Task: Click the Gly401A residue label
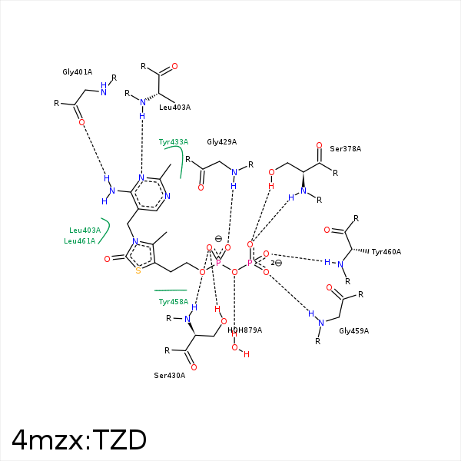point(78,72)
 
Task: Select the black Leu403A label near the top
point(174,108)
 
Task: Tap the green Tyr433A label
point(174,142)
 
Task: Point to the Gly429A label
point(222,142)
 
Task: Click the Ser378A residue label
point(345,149)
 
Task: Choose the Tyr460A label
point(386,252)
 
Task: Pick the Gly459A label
point(353,330)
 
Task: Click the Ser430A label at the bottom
point(170,376)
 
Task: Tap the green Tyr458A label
point(174,302)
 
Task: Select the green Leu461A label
point(80,241)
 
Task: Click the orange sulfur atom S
point(138,270)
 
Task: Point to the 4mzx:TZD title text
point(79,439)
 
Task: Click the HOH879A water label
point(244,330)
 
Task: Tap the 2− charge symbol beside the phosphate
point(277,263)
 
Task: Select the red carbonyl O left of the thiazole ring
point(108,259)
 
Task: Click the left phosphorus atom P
point(218,263)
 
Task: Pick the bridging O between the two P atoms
point(234,272)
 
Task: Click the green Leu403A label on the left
point(85,230)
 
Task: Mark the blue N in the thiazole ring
point(135,241)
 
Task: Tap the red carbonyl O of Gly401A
point(81,122)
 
